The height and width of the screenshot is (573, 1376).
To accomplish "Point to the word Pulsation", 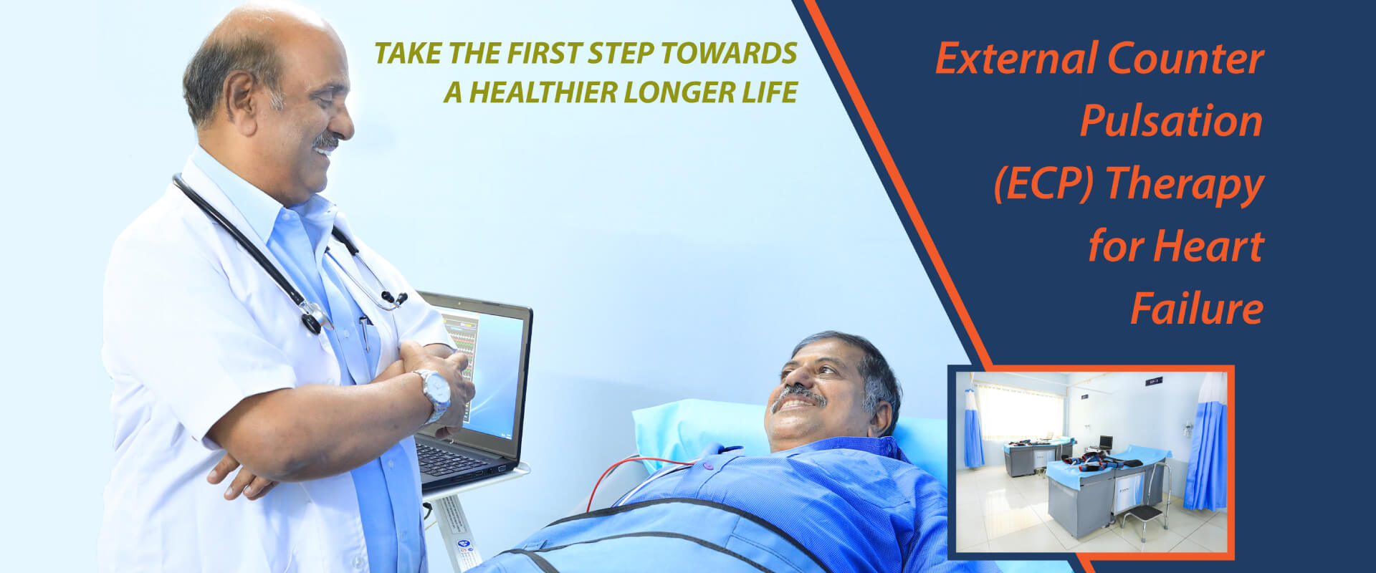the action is pyautogui.click(x=1171, y=120).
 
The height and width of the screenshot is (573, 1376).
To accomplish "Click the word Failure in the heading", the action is pyautogui.click(x=1197, y=309).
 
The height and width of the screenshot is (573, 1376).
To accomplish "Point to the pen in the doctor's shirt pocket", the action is pyautogui.click(x=365, y=332).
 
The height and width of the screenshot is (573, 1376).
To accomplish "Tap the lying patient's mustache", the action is pyautogui.click(x=798, y=395).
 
